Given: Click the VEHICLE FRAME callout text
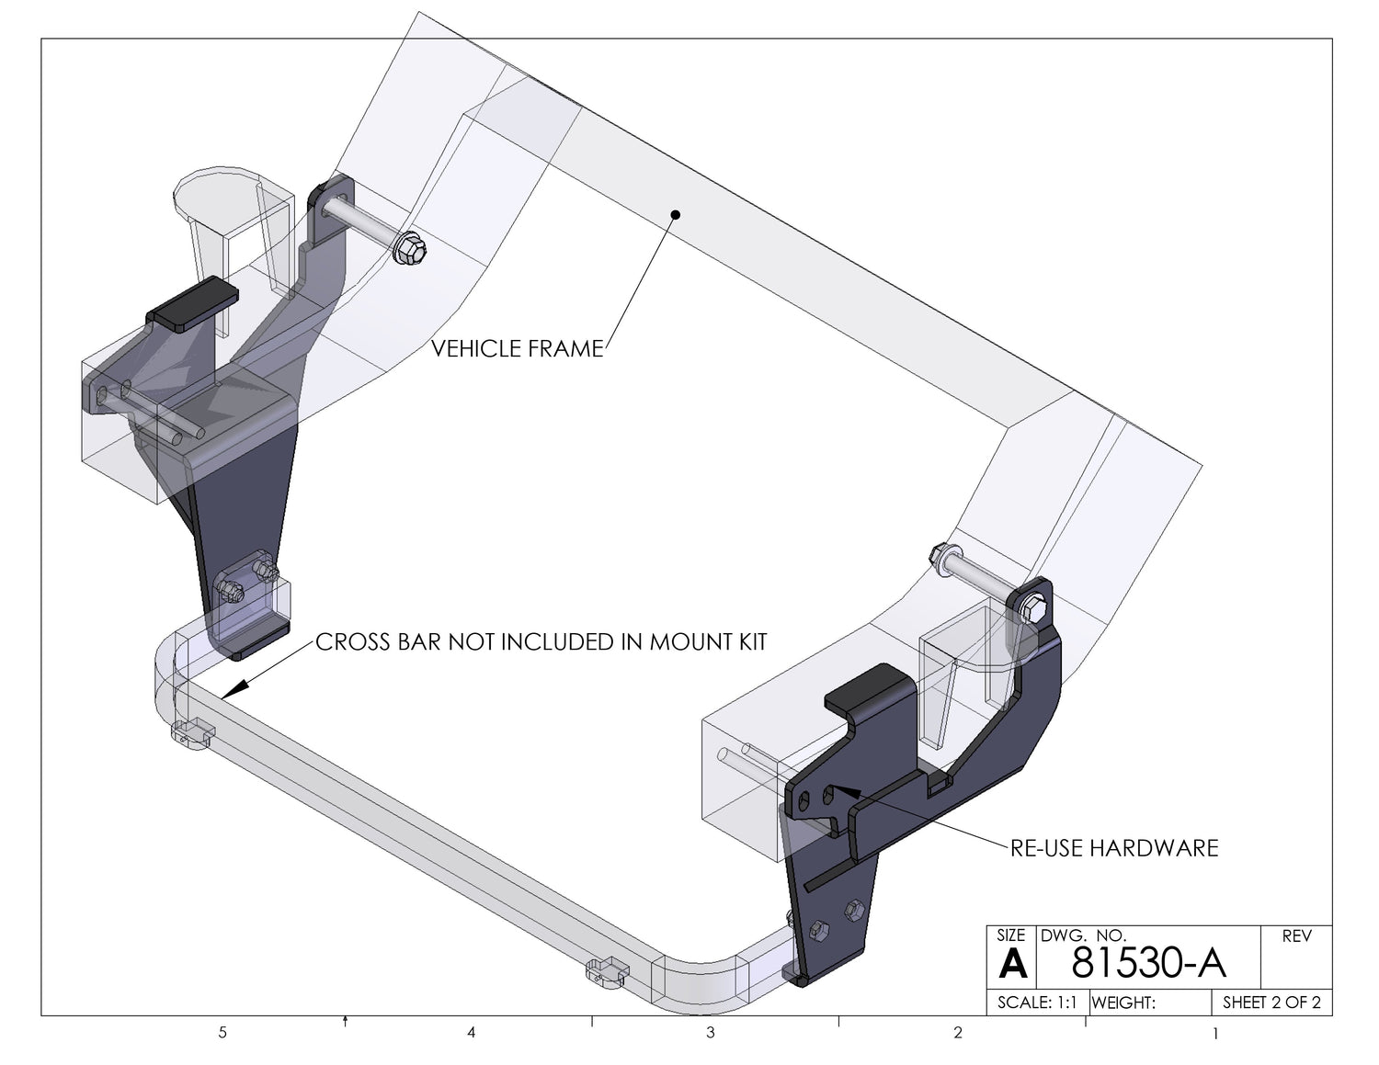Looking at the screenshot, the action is pyautogui.click(x=518, y=348).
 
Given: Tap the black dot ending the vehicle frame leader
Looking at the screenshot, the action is pyautogui.click(x=676, y=215).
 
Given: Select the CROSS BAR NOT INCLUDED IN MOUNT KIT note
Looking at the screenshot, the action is pyautogui.click(x=541, y=642).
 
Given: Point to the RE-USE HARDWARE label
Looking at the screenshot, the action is pyautogui.click(x=1114, y=848).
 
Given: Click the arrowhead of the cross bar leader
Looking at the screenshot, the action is pyautogui.click(x=234, y=689).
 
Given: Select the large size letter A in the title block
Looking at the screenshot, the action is pyautogui.click(x=1012, y=964).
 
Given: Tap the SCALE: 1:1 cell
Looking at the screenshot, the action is pyautogui.click(x=1037, y=1003).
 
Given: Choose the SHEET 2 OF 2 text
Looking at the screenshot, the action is pyautogui.click(x=1271, y=1003).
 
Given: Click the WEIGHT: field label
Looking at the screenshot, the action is pyautogui.click(x=1123, y=1003).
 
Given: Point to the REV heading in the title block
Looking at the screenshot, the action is pyautogui.click(x=1296, y=936).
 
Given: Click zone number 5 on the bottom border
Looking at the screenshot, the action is pyautogui.click(x=222, y=1033).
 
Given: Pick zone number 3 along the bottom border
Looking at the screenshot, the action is pyautogui.click(x=710, y=1033).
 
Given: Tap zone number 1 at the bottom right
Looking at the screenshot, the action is pyautogui.click(x=1215, y=1034).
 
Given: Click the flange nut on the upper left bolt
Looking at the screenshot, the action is pyautogui.click(x=409, y=249).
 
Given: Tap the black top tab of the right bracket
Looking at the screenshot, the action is pyautogui.click(x=868, y=688).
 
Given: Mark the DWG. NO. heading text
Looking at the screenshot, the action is pyautogui.click(x=1083, y=935).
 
